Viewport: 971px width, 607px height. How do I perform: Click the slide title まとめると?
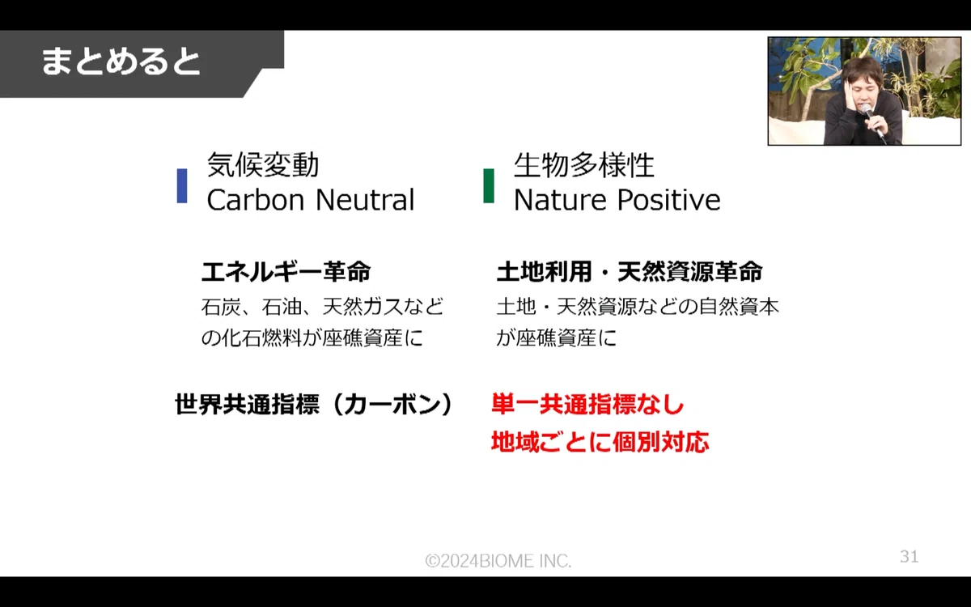121,62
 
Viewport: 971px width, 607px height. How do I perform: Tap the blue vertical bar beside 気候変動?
182,185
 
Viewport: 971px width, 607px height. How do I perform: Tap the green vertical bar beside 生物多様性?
489,185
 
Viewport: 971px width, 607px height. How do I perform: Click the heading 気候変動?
263,165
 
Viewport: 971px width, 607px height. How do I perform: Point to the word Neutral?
365,200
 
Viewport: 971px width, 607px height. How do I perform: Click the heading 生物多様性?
583,165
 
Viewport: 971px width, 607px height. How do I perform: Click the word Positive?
668,200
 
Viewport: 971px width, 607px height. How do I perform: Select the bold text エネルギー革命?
286,272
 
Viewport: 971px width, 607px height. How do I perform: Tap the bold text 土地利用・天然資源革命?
630,272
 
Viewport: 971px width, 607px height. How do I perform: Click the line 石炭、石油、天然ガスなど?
323,307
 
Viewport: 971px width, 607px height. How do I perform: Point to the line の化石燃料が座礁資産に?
312,337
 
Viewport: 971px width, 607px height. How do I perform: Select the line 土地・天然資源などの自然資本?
638,307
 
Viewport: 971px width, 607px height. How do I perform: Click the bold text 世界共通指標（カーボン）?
315,405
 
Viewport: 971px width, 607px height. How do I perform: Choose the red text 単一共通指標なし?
587,405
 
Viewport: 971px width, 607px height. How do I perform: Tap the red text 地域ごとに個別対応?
600,442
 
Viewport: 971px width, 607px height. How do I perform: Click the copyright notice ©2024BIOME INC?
498,561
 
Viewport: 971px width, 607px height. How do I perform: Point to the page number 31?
909,556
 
